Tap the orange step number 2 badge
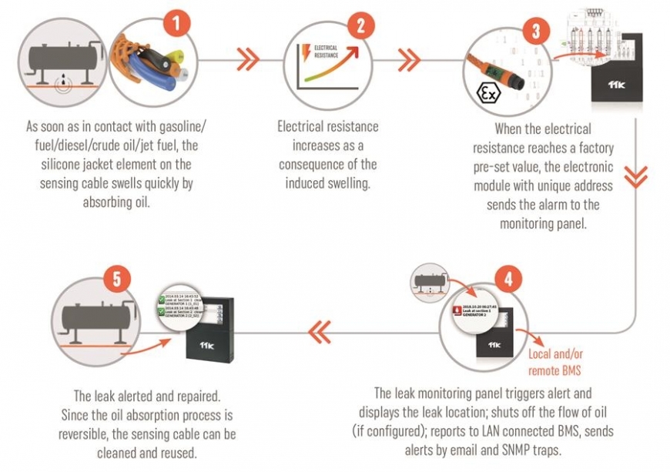357,27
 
